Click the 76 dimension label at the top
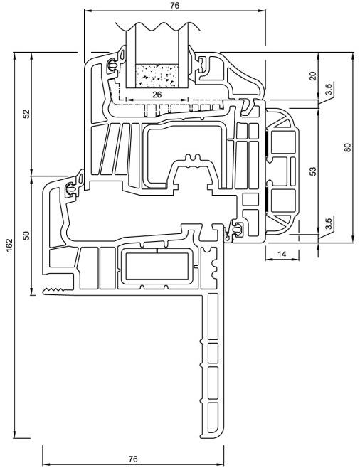click(x=175, y=5)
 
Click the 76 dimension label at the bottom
click(x=133, y=459)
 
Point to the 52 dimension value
click(x=27, y=114)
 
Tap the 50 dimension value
click(x=27, y=236)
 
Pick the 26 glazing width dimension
click(x=157, y=95)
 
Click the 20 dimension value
click(x=312, y=76)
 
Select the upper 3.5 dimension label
click(x=328, y=90)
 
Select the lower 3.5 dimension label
click(x=328, y=223)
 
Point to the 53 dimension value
click(x=312, y=171)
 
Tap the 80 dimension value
click(x=347, y=147)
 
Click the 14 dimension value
click(x=282, y=254)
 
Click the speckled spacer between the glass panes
click(x=157, y=75)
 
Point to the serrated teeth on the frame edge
click(x=54, y=290)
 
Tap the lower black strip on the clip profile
click(x=266, y=199)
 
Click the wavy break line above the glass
click(x=158, y=26)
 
